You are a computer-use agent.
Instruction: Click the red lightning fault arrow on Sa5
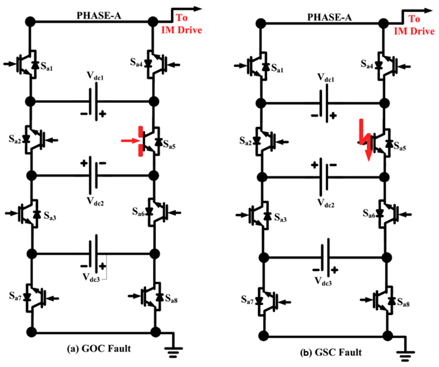click(x=365, y=140)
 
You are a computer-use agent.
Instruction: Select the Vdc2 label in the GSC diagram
click(x=326, y=202)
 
